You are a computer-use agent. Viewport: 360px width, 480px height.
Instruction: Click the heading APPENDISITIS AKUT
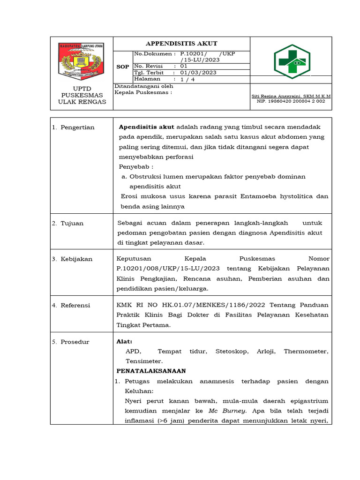[181, 44]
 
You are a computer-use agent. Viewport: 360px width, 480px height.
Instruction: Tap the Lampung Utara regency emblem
[82, 61]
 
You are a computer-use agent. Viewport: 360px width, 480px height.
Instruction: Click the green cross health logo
[291, 61]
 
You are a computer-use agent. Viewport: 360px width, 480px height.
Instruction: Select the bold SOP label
[123, 67]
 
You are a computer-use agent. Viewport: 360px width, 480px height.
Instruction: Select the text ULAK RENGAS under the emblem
[82, 102]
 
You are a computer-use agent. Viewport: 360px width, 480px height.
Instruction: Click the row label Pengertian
[77, 127]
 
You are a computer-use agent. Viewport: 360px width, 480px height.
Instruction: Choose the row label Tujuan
[72, 223]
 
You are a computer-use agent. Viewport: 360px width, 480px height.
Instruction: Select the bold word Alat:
[124, 342]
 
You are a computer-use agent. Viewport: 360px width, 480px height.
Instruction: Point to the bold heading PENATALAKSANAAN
[151, 371]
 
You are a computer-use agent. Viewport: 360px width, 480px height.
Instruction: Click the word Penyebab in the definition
[135, 166]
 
